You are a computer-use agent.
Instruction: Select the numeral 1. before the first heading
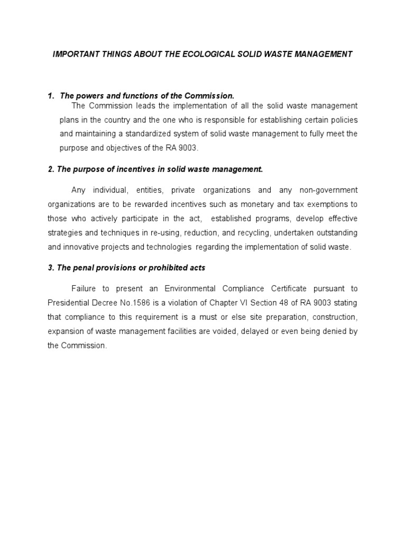[51, 96]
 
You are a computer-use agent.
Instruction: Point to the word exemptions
[325, 204]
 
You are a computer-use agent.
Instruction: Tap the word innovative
[82, 247]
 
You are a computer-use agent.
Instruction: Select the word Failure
[84, 289]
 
